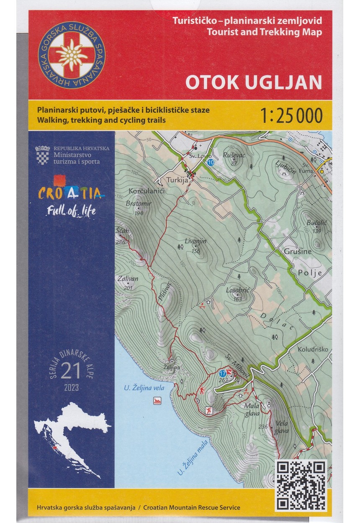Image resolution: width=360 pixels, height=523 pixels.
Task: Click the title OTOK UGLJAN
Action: coord(254,82)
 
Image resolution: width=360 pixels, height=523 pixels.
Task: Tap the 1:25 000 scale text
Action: coord(291,115)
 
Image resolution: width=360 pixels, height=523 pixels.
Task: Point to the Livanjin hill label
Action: coord(196,241)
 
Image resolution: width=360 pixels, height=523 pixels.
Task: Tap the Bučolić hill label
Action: coord(314,223)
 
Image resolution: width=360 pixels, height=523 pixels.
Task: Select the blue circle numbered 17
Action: coord(223,372)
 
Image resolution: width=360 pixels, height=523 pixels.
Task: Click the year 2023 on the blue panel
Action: coord(71,388)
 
